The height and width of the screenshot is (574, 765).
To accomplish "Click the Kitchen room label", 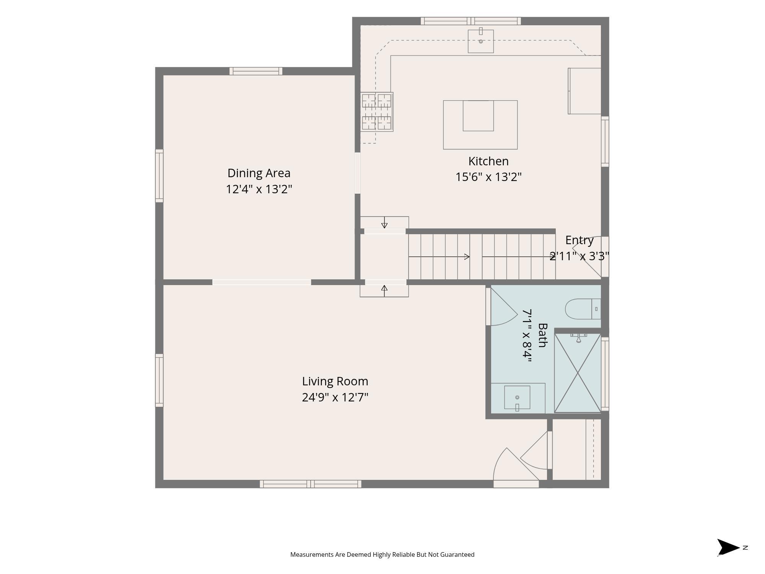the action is [488, 161].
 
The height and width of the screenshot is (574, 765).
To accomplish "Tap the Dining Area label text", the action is [259, 173].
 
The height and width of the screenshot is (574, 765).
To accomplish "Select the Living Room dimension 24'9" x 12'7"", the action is [335, 397].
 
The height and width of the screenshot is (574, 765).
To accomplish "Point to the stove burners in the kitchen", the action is [377, 112].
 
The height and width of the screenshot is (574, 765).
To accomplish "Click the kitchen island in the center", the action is [480, 125].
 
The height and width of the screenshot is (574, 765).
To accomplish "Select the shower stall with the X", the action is [578, 373].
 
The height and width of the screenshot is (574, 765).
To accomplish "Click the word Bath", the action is [542, 335].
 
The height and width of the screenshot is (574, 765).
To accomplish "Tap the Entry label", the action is [579, 240].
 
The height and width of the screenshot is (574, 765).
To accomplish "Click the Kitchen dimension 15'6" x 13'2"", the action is [488, 177].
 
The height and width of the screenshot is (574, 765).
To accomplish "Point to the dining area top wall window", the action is [256, 71].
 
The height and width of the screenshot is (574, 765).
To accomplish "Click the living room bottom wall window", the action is [311, 484].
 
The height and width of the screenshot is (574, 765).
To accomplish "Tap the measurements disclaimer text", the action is [382, 554].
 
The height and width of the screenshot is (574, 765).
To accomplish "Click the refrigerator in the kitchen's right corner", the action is [584, 91].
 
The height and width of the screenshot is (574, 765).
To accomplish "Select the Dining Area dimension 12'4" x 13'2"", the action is [259, 189].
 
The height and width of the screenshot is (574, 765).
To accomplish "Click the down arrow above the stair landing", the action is [384, 222].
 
